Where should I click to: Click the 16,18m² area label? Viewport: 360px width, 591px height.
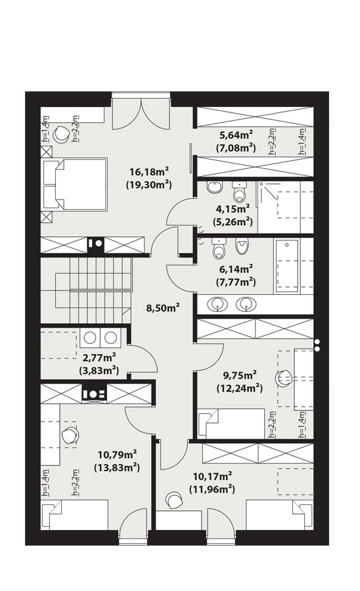coord(149,172)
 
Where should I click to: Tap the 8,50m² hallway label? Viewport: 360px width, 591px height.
coord(162,308)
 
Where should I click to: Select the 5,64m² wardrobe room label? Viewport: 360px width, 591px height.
coord(236,135)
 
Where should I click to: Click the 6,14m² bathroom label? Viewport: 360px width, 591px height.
coord(236,269)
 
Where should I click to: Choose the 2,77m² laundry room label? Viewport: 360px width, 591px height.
coord(99,357)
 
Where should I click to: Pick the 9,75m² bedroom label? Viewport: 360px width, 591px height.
coord(240,375)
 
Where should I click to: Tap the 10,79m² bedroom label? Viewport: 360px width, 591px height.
coord(117,454)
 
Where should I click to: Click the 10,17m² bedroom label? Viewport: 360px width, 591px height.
coord(212,477)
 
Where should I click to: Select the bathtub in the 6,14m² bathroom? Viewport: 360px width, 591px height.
coord(287,266)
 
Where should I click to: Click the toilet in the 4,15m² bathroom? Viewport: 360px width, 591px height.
coord(239,192)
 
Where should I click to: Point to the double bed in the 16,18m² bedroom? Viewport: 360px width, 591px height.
coord(75,184)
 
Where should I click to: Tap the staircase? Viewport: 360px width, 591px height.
coord(87,290)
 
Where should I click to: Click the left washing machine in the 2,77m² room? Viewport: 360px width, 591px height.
coord(90,338)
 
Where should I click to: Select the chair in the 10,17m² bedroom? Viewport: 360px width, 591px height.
coord(175,500)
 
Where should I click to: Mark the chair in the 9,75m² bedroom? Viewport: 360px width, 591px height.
coord(284,378)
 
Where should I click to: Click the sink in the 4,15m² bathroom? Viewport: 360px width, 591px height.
coord(215,187)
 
